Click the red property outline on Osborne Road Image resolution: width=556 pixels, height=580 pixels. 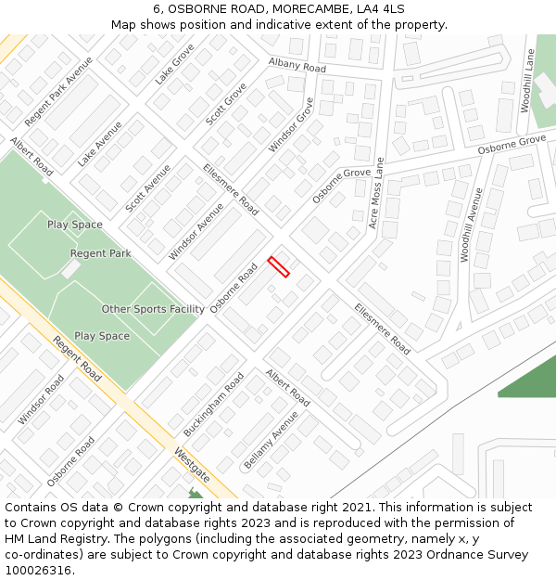(x=279, y=266)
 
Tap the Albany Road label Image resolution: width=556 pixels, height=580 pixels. (x=297, y=65)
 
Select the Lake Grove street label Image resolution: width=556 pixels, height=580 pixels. (x=174, y=64)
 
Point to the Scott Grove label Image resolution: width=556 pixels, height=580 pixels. (x=226, y=105)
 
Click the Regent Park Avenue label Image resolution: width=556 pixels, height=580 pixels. (x=59, y=92)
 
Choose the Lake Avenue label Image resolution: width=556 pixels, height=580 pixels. (x=100, y=144)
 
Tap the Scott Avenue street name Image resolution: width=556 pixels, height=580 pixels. (x=148, y=188)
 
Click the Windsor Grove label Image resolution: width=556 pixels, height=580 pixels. (x=292, y=125)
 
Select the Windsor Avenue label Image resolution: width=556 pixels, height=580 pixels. (x=196, y=231)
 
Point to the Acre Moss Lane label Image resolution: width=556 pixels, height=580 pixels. (x=376, y=193)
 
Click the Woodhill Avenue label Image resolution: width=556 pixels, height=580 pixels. (x=473, y=226)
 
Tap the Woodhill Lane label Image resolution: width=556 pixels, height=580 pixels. (x=529, y=82)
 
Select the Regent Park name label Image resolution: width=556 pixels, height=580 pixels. (x=101, y=253)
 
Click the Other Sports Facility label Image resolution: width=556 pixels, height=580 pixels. (x=153, y=309)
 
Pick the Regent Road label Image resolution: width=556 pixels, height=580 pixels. (x=77, y=358)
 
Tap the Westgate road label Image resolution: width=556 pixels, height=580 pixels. (x=192, y=464)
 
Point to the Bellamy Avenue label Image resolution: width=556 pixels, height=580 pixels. (x=271, y=440)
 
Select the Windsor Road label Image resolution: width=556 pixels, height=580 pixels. (x=42, y=400)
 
